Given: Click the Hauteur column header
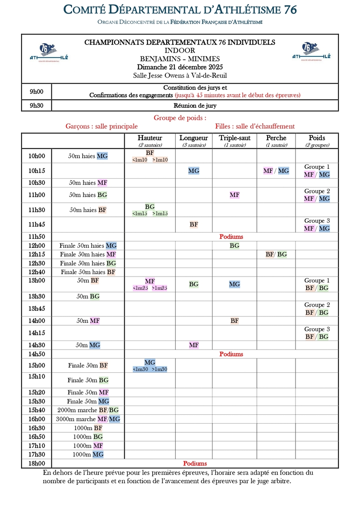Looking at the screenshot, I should (150, 138).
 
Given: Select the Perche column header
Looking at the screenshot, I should (276, 138).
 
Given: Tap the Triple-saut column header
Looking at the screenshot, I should (234, 138).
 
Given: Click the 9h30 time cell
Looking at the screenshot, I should (36, 105).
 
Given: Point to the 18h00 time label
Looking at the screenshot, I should (37, 463).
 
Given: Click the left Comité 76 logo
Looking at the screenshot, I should (49, 53).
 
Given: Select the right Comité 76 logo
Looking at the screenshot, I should (311, 53).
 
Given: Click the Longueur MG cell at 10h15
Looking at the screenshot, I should (194, 171).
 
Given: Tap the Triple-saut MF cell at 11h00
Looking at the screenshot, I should (234, 195).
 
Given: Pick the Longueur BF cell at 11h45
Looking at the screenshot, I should (194, 224).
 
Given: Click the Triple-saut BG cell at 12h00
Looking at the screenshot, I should (234, 246).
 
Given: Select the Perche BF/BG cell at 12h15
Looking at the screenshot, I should (276, 255).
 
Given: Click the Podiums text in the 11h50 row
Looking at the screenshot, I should (231, 237).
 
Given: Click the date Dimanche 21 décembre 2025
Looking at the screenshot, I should (180, 67).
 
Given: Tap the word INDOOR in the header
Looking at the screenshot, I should (180, 50).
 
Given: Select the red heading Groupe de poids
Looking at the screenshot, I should (180, 118).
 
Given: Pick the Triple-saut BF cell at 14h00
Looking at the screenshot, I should (234, 321).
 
